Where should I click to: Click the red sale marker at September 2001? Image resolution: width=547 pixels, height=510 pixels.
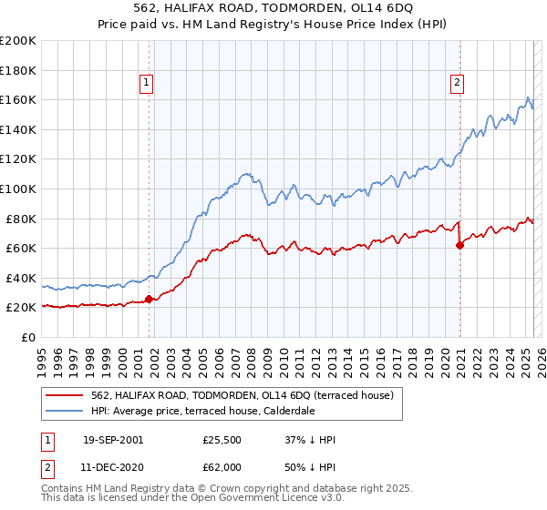point(149,299)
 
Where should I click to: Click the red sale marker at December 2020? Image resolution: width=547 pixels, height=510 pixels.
point(459,244)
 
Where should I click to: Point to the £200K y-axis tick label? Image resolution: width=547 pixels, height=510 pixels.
point(17,41)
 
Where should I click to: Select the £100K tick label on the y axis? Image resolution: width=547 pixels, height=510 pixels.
point(17,189)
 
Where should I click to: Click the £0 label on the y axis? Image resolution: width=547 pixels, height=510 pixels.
point(27,337)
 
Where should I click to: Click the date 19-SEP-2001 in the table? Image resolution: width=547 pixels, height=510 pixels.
point(113,440)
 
